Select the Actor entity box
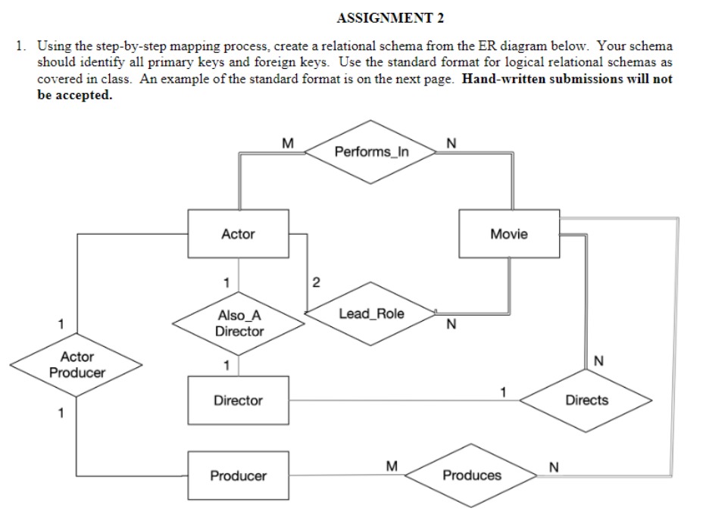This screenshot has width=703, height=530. click(x=238, y=235)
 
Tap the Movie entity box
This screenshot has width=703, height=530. click(x=508, y=234)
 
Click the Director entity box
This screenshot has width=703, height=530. click(x=238, y=401)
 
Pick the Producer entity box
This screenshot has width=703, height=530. click(x=238, y=475)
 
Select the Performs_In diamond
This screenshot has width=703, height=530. click(x=371, y=151)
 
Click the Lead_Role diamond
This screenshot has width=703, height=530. click(x=371, y=313)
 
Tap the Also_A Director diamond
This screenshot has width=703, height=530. click(x=239, y=324)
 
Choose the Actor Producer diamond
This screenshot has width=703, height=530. click(x=77, y=365)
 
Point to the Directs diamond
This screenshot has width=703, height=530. click(x=586, y=401)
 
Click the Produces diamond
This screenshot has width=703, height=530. click(x=471, y=475)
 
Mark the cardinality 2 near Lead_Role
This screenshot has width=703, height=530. click(x=317, y=283)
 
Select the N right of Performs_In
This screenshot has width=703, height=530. click(x=452, y=142)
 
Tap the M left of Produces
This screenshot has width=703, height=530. click(x=392, y=466)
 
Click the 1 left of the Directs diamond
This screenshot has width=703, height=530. click(x=501, y=391)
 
